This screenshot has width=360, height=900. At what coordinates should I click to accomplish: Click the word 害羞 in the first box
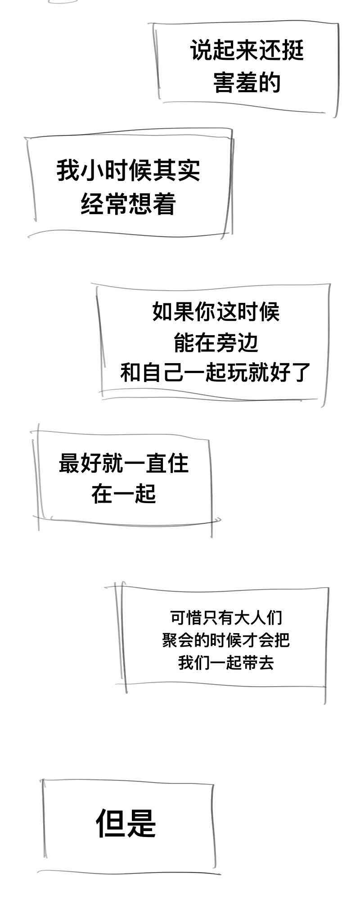tap(235, 83)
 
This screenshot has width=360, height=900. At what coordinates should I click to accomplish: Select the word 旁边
tap(237, 343)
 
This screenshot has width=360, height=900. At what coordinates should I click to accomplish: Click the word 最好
tap(80, 463)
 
